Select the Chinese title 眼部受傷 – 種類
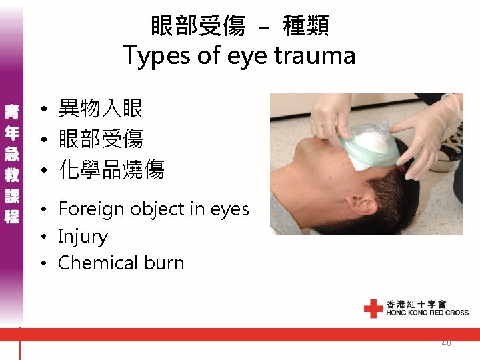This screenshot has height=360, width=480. pos(239,26)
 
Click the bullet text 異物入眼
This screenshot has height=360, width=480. pos(101,108)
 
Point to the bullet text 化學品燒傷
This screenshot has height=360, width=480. pos(111,170)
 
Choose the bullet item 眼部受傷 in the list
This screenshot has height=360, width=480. pos(101,139)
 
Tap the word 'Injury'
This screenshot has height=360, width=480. pos(83,236)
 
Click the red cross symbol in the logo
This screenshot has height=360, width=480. pos(373,309)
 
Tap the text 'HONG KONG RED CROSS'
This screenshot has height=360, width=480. pos(427,313)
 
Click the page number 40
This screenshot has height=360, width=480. pos(446,343)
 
